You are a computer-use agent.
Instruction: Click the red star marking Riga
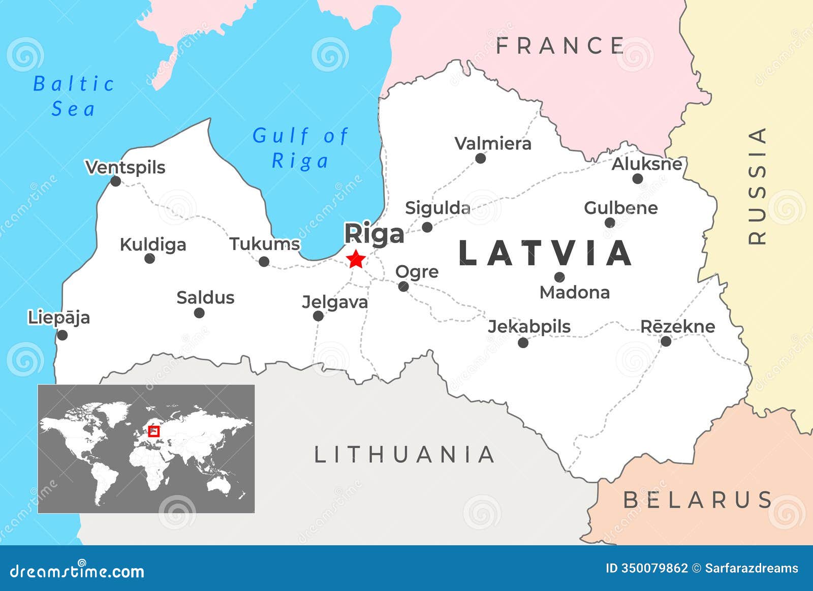tap(356, 259)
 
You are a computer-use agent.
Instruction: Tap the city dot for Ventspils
tap(116, 181)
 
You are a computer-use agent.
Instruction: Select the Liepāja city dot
tap(62, 335)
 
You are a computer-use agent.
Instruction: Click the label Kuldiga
tap(153, 245)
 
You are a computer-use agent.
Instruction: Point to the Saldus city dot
tap(199, 313)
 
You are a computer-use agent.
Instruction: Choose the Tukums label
tap(265, 244)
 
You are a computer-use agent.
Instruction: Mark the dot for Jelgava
tap(318, 316)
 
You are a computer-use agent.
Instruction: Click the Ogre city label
tap(417, 272)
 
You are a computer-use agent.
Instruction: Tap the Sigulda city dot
tap(427, 227)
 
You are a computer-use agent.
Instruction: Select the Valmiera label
tap(493, 144)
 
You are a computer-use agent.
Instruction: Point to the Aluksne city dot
tap(638, 178)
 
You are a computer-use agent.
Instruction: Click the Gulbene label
tap(620, 208)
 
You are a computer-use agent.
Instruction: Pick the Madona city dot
tap(559, 277)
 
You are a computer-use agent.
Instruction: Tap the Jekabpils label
tap(529, 327)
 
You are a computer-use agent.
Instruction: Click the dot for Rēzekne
tap(666, 341)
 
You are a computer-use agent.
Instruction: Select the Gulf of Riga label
tap(300, 148)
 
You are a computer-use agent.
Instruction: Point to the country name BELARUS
tap(698, 500)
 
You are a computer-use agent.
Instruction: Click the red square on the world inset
tap(153, 431)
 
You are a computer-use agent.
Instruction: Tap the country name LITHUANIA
tap(404, 455)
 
